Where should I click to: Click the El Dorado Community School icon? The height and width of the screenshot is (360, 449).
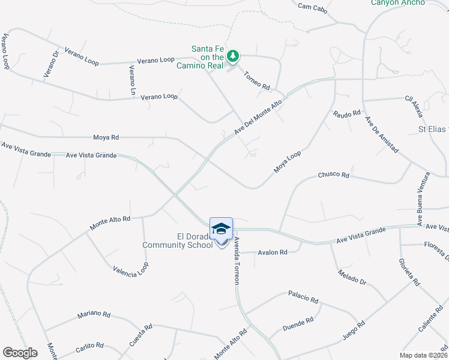221,229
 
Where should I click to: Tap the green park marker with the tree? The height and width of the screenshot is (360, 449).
233,56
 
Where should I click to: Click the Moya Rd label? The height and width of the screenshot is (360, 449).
106,137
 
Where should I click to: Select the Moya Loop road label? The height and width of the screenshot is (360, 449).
287,162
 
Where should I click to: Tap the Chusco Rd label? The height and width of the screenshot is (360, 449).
333,175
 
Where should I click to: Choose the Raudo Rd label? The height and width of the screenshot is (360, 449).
347,113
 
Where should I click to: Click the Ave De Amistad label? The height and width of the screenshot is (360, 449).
382,136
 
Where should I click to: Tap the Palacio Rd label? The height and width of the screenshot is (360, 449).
303,296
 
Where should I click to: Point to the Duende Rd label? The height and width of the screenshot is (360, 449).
298,325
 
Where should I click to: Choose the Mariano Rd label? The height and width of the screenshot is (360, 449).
94,314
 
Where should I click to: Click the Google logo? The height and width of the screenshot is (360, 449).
20,353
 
